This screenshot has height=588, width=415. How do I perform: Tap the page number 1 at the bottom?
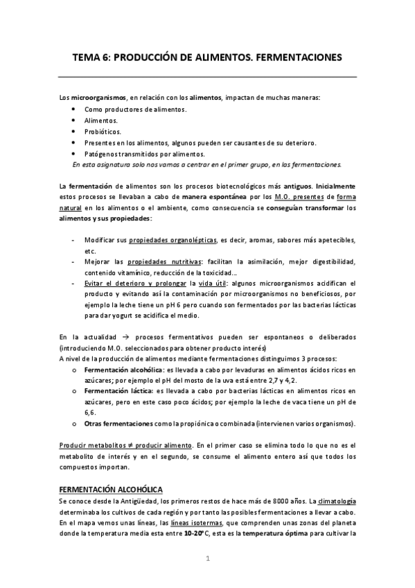click(207, 558)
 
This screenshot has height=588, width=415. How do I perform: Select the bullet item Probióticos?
click(103, 131)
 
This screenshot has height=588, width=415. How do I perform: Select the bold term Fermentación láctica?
click(119, 391)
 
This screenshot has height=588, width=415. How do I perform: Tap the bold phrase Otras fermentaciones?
click(119, 423)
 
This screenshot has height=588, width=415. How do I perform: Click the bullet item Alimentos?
click(101, 120)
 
